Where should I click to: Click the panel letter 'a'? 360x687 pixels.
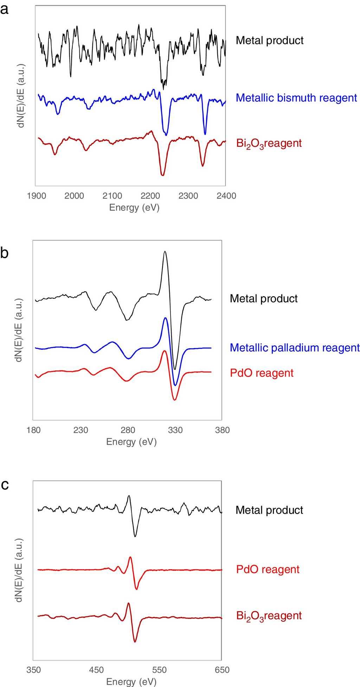[x=5, y=9]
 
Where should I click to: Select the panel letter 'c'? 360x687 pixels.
[x=5, y=485]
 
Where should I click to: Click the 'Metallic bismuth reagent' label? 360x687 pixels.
[x=296, y=97]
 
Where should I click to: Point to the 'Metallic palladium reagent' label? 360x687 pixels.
[x=295, y=348]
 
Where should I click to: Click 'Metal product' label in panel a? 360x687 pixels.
[x=270, y=40]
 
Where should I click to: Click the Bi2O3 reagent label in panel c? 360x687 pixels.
[x=269, y=616]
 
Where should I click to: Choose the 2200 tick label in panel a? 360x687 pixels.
[x=150, y=196]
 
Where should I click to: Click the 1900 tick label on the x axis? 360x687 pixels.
[x=37, y=196]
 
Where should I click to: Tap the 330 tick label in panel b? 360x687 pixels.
[x=175, y=430]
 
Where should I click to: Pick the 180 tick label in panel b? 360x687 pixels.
[x=33, y=430]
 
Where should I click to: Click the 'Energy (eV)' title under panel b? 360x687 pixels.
[x=131, y=441]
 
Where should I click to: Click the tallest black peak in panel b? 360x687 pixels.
[x=165, y=252]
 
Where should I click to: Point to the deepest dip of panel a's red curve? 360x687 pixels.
[x=162, y=174]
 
